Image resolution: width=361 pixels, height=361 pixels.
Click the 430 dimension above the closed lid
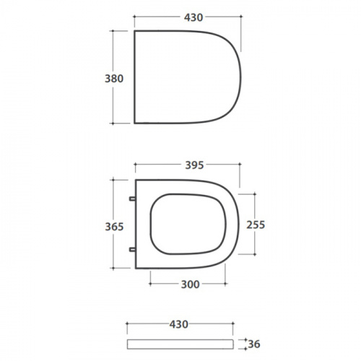coord(193,17)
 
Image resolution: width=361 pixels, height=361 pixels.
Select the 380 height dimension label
coord(114,79)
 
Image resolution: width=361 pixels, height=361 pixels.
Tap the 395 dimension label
coord(194,165)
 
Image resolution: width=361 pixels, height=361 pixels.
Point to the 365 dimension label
coord(114,227)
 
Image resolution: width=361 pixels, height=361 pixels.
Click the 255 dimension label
coord(256,225)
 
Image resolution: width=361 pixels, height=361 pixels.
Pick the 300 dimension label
coord(190,284)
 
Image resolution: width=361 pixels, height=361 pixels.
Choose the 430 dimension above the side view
coord(178,324)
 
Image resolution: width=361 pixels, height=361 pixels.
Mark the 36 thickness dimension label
coord(254,344)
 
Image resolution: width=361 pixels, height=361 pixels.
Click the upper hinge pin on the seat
coord(132,199)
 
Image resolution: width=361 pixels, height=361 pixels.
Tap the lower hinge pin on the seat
coord(132,250)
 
